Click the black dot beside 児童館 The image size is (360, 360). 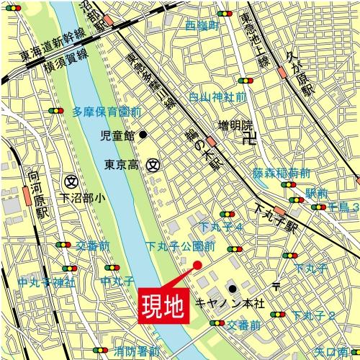tap(143, 134)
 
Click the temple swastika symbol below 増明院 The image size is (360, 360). tap(250, 140)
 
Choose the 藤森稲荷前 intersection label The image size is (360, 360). tap(282, 174)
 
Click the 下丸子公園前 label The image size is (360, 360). tap(181, 246)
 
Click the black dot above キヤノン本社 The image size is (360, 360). tap(232, 289)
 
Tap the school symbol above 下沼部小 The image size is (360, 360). tap(71, 180)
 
